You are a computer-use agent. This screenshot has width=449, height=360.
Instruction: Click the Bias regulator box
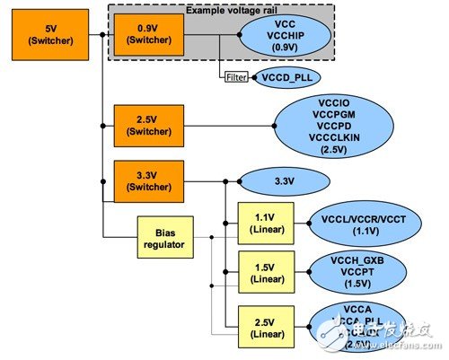click(163, 237)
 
